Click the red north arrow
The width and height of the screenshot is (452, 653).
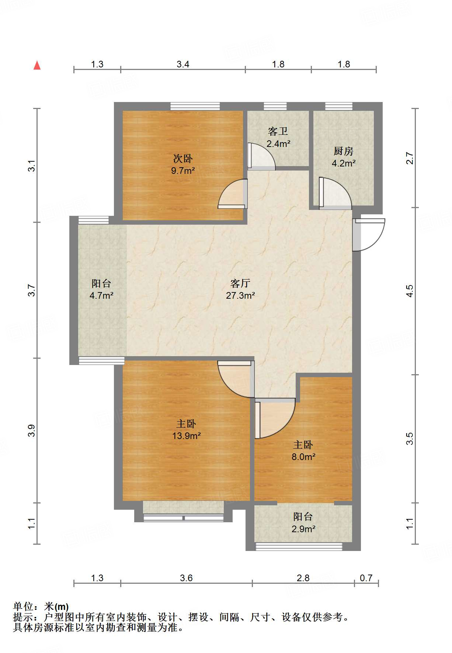pos(37,66)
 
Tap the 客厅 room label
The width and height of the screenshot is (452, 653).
pos(240,283)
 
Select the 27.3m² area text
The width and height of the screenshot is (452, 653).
pos(240,295)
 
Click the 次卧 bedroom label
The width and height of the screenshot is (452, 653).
pos(183,159)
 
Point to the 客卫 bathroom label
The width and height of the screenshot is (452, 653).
pos(278,131)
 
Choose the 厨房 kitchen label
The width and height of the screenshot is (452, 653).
pos(343,151)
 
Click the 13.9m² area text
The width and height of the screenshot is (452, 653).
pos(186,436)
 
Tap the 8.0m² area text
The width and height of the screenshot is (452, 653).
pos(303,457)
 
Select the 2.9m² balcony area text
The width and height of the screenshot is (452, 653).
pos(303,529)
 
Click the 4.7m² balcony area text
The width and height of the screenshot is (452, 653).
pos(101,295)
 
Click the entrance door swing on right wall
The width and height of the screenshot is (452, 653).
pos(369,235)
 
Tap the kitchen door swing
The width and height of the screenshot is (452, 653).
pos(335,193)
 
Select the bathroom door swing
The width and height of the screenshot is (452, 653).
pos(261,156)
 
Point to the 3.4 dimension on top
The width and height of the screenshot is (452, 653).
pos(183,64)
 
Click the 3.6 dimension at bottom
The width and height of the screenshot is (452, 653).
pos(186,578)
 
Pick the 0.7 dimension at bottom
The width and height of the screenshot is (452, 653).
pos(366,578)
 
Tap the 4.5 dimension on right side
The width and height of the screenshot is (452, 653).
pos(410,291)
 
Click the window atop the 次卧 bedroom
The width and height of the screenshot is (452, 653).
pos(195,106)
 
